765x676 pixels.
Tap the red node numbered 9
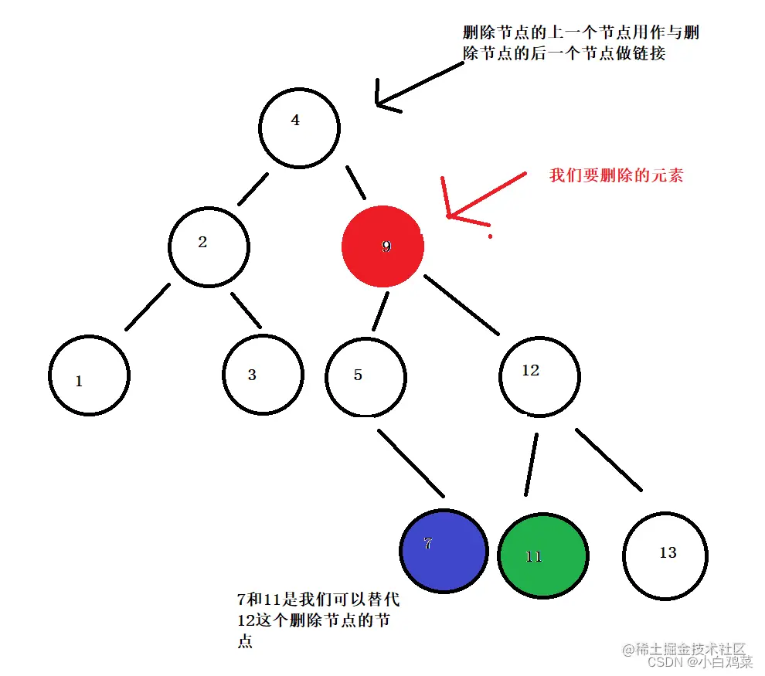pos(382,246)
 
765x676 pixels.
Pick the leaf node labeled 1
pos(89,376)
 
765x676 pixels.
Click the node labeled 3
pos(263,375)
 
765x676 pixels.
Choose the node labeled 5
pos(365,378)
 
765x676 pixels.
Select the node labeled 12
pos(539,376)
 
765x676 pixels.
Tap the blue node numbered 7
pos(444,550)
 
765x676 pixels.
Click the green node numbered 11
pos(542,555)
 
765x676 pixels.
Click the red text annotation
pos(616,175)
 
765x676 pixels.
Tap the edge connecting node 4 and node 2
pos(253,189)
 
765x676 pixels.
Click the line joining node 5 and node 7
pos(410,462)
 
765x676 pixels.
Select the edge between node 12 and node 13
pos(608,460)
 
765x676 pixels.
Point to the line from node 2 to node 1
pos(147,307)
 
